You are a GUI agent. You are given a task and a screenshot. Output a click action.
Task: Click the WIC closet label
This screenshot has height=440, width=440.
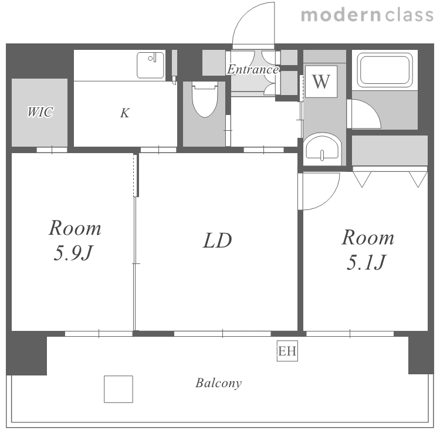click(x=40, y=112)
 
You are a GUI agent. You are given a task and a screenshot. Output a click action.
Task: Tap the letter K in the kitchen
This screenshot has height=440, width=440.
click(x=125, y=113)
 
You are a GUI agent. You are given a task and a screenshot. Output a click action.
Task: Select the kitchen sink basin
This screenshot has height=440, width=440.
click(x=150, y=65)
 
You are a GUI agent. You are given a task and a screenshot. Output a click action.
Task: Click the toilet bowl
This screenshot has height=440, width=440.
click(x=205, y=100)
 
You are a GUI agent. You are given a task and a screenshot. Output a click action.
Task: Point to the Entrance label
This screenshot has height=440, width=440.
click(x=253, y=69)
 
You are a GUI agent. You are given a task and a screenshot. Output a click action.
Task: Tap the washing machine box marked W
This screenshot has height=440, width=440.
click(x=321, y=82)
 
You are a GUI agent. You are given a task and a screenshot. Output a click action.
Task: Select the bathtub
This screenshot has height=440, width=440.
click(x=385, y=70)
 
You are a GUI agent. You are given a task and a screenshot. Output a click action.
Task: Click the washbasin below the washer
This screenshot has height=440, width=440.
click(x=322, y=148)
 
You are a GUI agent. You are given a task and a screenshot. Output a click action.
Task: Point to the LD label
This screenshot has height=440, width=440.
click(x=218, y=241)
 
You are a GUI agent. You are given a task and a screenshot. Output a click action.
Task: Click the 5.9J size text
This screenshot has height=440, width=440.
click(x=73, y=253)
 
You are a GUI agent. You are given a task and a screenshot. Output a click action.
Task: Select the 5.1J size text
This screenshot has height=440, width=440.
click(x=367, y=263)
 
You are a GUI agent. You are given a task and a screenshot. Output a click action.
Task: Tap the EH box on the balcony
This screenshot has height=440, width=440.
click(x=287, y=351)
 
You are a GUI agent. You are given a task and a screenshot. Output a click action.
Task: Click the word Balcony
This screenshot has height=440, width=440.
click(x=219, y=383)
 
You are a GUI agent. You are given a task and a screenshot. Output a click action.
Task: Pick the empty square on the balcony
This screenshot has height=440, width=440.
click(x=119, y=389)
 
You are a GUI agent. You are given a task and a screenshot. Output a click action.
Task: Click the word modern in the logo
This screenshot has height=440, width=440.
click(x=341, y=15)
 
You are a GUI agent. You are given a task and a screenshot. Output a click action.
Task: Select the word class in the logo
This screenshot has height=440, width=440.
click(x=409, y=15)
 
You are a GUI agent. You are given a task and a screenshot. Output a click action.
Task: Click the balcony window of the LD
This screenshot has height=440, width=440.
click(x=222, y=334)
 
